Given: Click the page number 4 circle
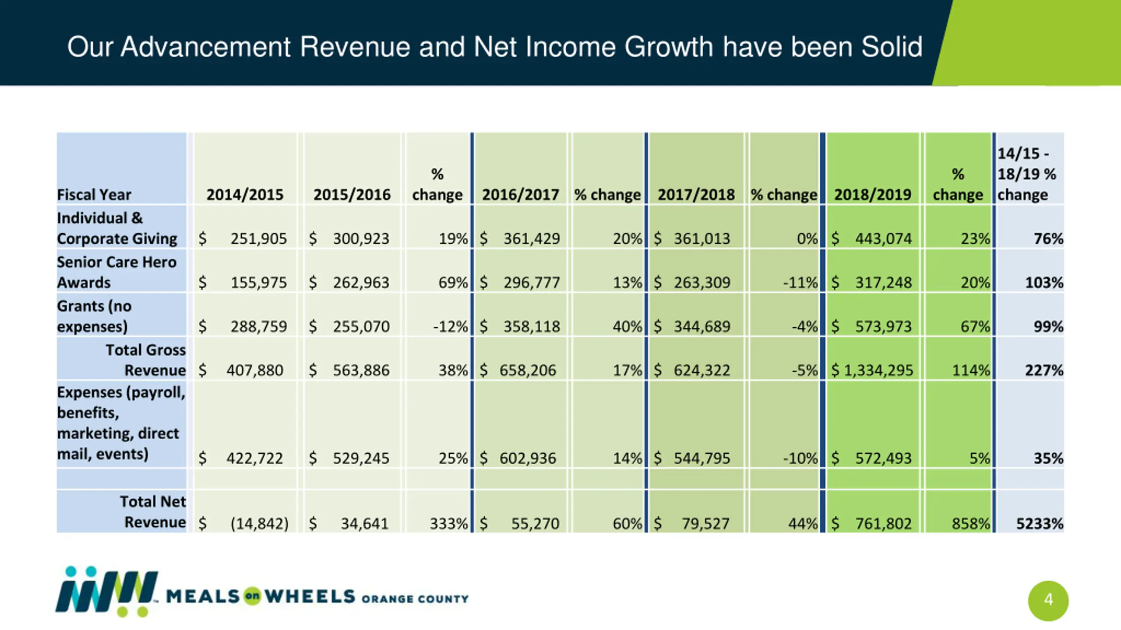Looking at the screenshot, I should coord(1048,600).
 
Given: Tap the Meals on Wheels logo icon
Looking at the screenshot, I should coord(106,591).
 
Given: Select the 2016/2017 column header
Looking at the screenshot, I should coord(520,194).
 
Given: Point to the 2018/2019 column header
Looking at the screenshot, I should coord(872,194).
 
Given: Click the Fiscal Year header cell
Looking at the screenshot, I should coord(94,194).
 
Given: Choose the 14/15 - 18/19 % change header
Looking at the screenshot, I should coord(1027,174).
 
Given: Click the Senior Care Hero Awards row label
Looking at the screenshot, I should coord(116,272).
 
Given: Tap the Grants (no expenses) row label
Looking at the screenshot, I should coord(94,316).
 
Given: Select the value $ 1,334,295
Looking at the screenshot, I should coord(872,371).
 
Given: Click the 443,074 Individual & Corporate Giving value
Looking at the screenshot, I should coord(883,239).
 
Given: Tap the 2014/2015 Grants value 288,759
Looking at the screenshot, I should coord(258,326).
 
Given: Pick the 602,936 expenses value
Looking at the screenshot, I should coord(527,458).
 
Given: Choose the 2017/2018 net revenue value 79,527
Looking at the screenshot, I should coord(705,524).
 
